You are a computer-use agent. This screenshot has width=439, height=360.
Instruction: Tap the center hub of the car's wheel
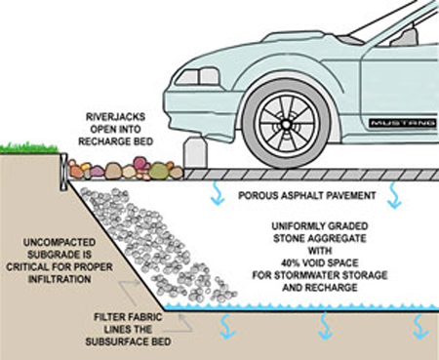coord(288,124)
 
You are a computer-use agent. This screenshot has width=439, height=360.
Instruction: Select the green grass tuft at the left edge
coord(27,148)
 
